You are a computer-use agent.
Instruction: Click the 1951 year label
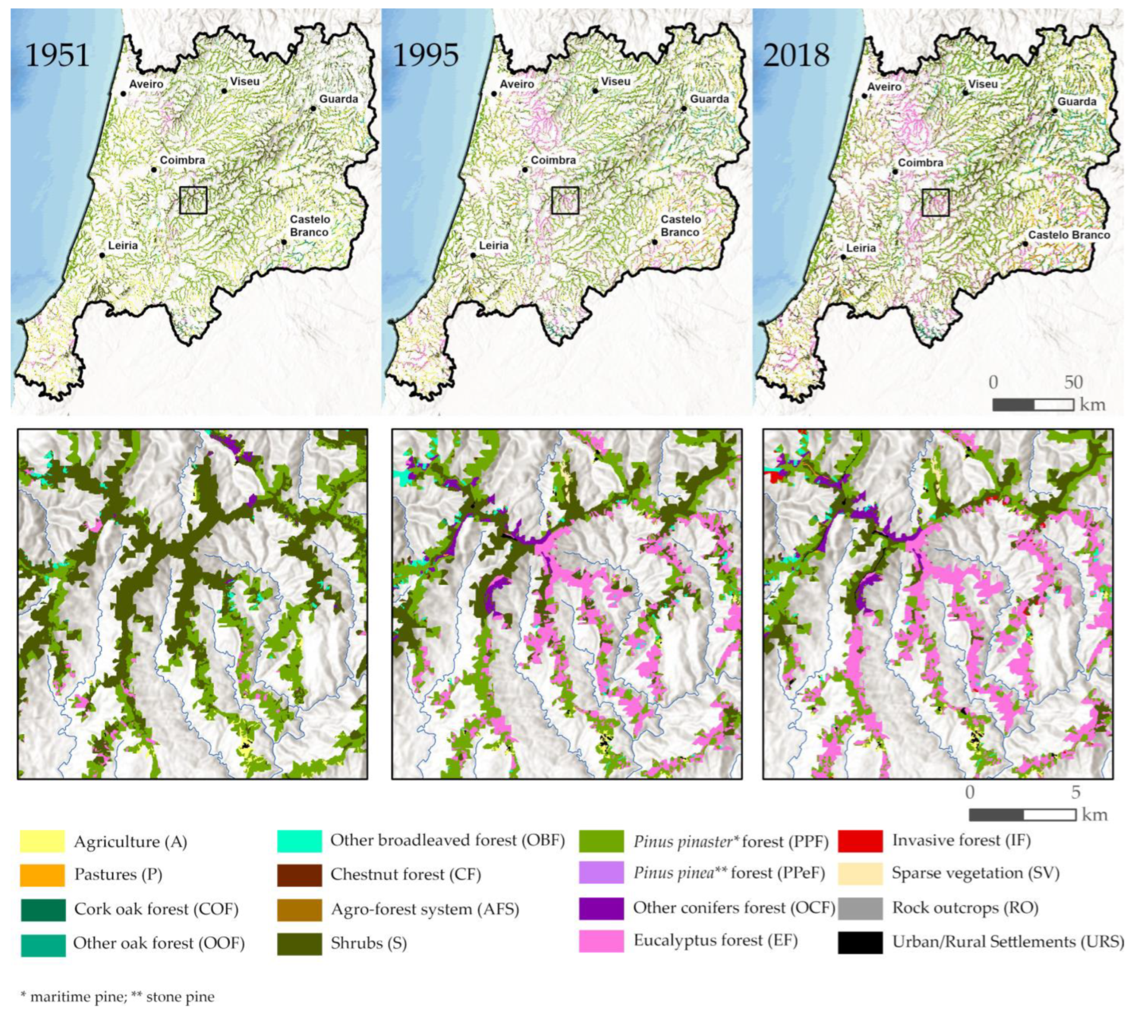(x=57, y=56)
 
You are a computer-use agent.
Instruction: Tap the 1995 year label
(x=426, y=56)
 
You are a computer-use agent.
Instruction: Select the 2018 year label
(x=796, y=56)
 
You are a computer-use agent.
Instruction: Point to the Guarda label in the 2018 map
(x=1076, y=102)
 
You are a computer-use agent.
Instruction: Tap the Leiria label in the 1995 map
(x=494, y=245)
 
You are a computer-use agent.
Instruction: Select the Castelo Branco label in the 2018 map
(x=1069, y=235)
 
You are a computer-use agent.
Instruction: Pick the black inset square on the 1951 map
(x=193, y=200)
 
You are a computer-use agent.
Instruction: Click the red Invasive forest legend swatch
(x=860, y=841)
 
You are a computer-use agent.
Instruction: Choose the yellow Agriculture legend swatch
(x=42, y=841)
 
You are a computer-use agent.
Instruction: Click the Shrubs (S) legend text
(x=368, y=943)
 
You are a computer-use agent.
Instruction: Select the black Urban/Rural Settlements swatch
(x=860, y=942)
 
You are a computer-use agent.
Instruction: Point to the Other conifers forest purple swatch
(x=601, y=908)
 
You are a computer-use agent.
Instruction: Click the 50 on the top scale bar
(x=1073, y=382)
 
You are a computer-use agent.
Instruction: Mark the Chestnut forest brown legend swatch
(x=299, y=875)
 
